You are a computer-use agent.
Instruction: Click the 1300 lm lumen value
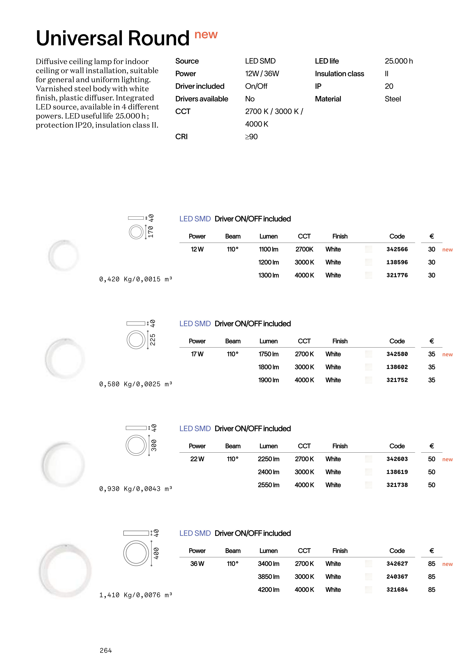pyautogui.click(x=268, y=275)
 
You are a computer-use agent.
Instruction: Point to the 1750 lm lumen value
pyautogui.click(x=268, y=354)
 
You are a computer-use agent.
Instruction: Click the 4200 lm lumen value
pyautogui.click(x=268, y=590)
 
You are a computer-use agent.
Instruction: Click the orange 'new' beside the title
pyautogui.click(x=206, y=35)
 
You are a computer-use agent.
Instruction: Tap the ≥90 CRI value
pyautogui.click(x=252, y=137)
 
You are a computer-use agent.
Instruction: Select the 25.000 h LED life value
pyautogui.click(x=399, y=61)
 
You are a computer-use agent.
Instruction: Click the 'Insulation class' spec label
pyautogui.click(x=339, y=74)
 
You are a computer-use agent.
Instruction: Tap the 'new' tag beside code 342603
pyautogui.click(x=447, y=459)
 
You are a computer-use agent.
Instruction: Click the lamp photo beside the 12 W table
pyautogui.click(x=64, y=255)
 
